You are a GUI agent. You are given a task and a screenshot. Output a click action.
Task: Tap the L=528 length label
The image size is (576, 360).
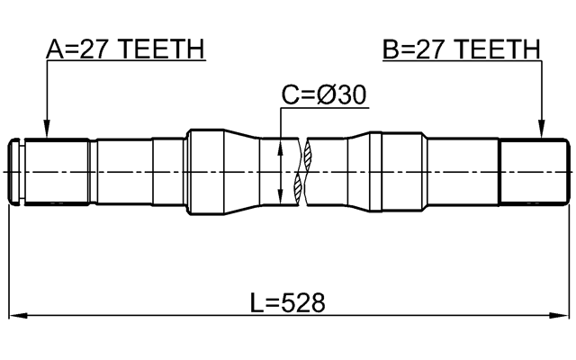(x=287, y=302)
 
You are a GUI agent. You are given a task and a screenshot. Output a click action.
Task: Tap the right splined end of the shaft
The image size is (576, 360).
(x=535, y=171)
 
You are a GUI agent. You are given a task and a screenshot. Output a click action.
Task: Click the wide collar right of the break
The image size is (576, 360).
(x=396, y=171)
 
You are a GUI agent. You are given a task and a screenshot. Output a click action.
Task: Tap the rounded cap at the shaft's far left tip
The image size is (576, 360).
(x=14, y=171)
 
